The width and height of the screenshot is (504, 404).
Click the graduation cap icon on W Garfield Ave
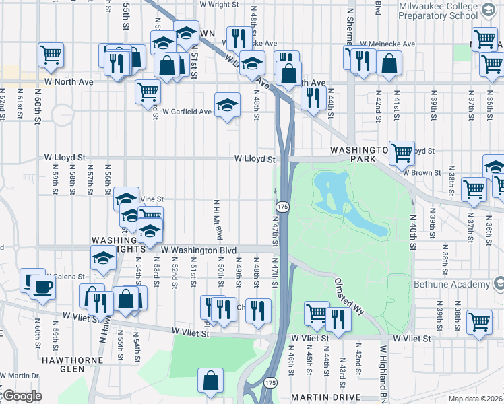(228, 105)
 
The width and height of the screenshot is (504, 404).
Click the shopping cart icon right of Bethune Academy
(479, 321)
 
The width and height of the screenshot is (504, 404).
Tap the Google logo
(22, 396)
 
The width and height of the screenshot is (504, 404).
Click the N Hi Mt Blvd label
(218, 219)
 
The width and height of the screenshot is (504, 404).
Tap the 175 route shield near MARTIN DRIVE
(271, 382)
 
